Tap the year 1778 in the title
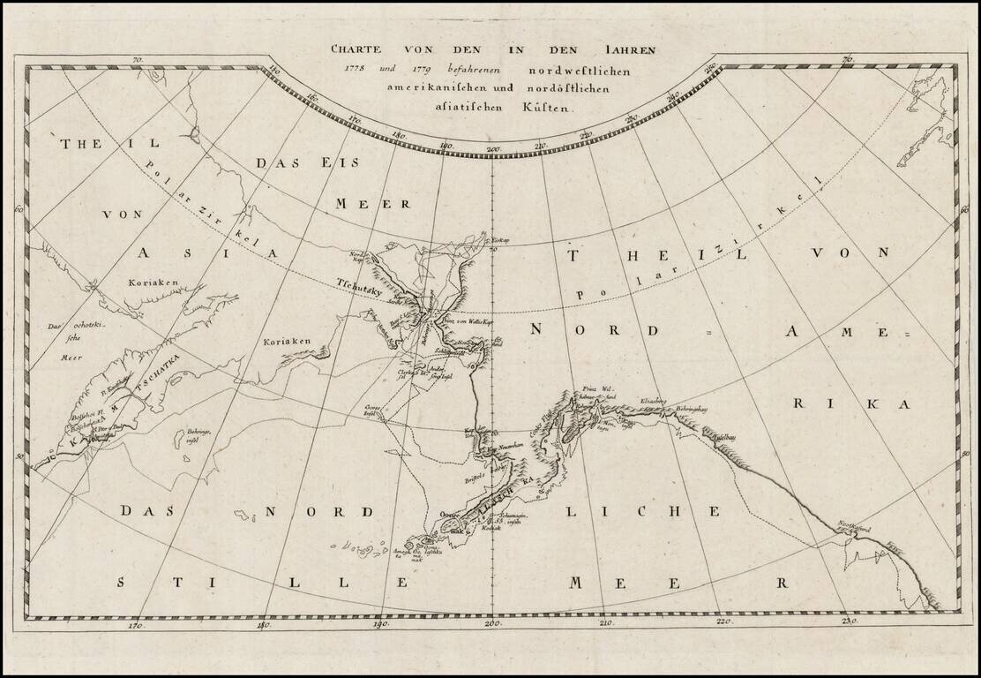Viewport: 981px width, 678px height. pos(346,70)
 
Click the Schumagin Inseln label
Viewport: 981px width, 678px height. pos(504,522)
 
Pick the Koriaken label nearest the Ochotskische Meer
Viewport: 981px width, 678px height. pos(158,283)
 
